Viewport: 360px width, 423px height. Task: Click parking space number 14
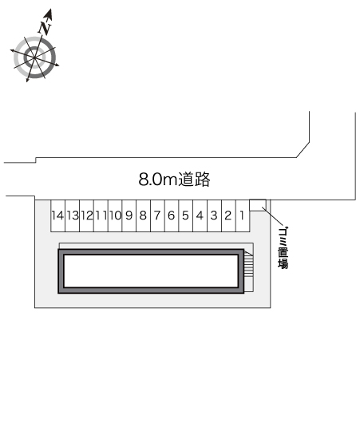coord(57,215)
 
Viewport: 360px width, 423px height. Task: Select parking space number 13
coord(73,215)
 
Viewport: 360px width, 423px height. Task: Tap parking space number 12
coord(87,215)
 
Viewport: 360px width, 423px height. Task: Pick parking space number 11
coord(101,215)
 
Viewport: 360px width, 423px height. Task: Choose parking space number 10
coord(115,215)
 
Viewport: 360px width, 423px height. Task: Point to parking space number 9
coord(129,215)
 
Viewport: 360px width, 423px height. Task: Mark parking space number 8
coord(144,215)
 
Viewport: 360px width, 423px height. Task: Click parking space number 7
coord(157,215)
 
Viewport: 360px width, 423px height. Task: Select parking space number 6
coord(172,215)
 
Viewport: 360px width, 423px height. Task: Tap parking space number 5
coord(186,215)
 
